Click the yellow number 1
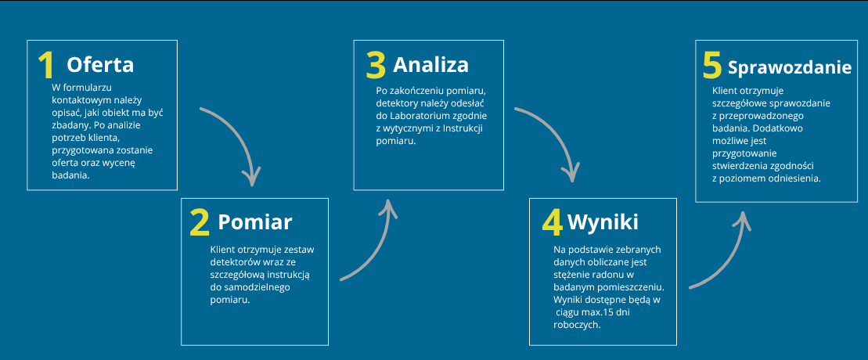pyautogui.click(x=46, y=66)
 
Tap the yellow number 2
pyautogui.click(x=200, y=222)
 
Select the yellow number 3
pyautogui.click(x=376, y=66)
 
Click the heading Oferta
pyautogui.click(x=100, y=65)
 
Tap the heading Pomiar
pyautogui.click(x=254, y=222)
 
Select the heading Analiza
pyautogui.click(x=430, y=65)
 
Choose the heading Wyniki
pyautogui.click(x=603, y=222)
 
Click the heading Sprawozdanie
pyautogui.click(x=790, y=67)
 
